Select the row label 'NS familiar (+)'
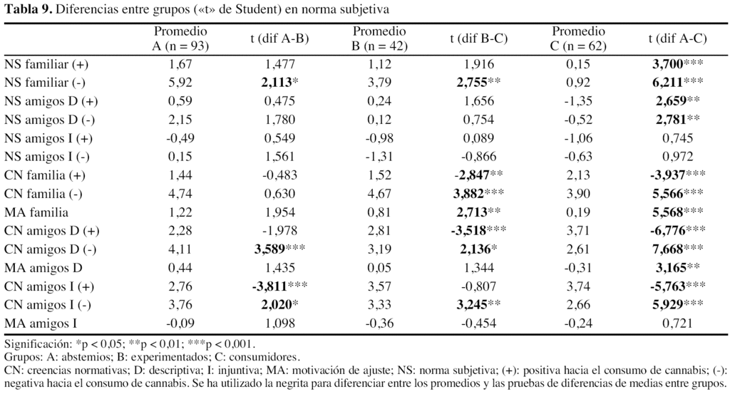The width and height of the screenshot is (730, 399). (x=46, y=64)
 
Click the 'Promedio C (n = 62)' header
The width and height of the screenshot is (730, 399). (x=578, y=38)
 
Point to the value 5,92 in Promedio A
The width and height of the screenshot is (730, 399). (x=180, y=83)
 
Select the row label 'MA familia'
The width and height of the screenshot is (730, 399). (x=35, y=212)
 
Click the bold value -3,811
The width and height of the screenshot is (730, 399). (x=274, y=286)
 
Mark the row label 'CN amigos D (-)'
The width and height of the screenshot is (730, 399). (x=50, y=250)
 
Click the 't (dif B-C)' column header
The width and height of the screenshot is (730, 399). (x=478, y=38)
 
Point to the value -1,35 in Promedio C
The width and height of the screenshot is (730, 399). (x=578, y=101)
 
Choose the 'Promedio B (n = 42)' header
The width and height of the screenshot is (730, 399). (x=379, y=38)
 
